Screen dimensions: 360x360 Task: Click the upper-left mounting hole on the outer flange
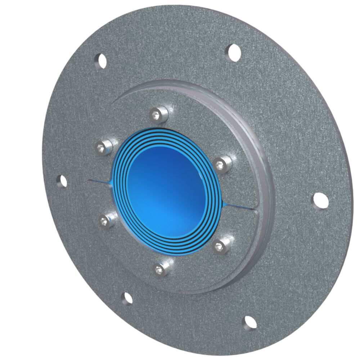point(101,60)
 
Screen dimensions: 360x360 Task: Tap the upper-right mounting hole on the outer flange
point(234,51)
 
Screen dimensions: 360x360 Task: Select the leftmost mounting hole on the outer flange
point(63,181)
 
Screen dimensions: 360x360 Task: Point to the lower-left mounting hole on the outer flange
point(127,298)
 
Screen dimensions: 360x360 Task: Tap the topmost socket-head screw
point(159,114)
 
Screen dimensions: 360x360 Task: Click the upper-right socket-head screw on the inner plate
point(222,164)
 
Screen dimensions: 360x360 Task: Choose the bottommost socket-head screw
point(161,268)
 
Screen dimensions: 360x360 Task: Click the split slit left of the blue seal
point(99,181)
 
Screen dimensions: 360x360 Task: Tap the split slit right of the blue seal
point(240,206)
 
